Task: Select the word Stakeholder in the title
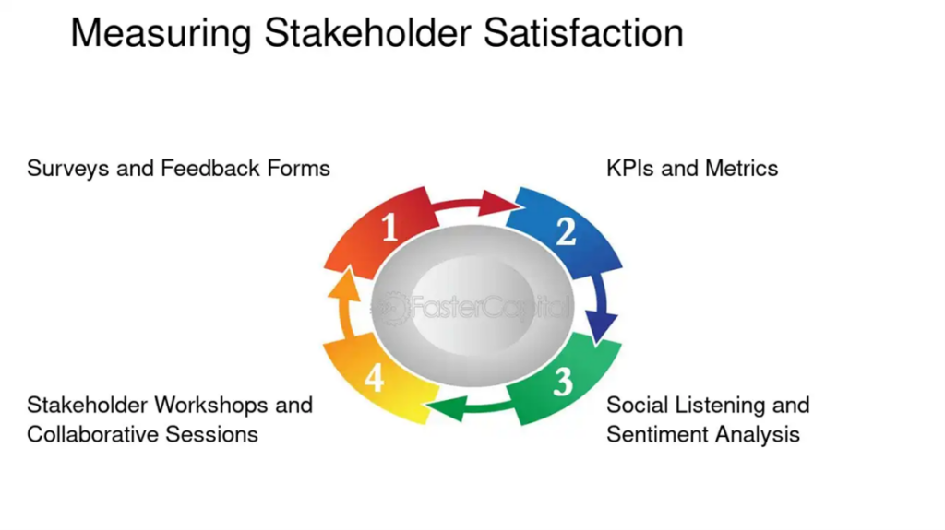click(367, 32)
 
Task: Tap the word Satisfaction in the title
click(583, 32)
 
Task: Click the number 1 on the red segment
click(389, 227)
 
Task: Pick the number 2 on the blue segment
click(566, 231)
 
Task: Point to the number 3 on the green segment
click(563, 382)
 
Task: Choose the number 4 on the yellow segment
click(375, 378)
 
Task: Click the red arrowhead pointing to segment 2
click(499, 203)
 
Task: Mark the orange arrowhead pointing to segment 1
click(344, 285)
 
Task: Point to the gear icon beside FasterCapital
click(391, 309)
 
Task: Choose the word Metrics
click(741, 168)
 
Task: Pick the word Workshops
click(211, 406)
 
